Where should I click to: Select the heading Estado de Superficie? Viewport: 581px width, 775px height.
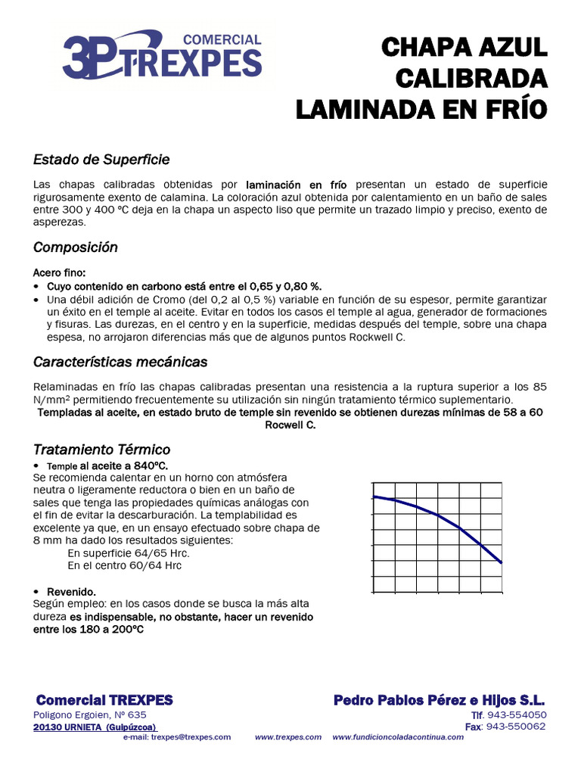pyautogui.click(x=101, y=160)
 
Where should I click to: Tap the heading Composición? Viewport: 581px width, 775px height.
pyautogui.click(x=76, y=247)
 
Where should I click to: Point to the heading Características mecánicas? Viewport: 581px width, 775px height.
pyautogui.click(x=120, y=362)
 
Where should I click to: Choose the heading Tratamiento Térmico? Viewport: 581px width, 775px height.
pyautogui.click(x=102, y=450)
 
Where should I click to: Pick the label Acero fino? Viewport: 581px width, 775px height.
pyautogui.click(x=60, y=272)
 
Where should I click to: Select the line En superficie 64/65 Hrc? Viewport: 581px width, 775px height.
pyautogui.click(x=128, y=553)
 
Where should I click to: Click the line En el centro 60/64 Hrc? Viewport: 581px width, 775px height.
pyautogui.click(x=124, y=565)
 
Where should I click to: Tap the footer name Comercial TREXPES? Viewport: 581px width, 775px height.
pyautogui.click(x=104, y=700)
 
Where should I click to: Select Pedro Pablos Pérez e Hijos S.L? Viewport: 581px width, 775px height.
pyautogui.click(x=440, y=700)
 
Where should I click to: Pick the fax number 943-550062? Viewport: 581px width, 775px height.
pyautogui.click(x=516, y=727)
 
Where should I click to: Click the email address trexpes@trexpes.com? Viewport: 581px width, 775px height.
pyautogui.click(x=191, y=737)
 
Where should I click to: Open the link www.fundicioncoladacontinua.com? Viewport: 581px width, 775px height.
pyautogui.click(x=398, y=737)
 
